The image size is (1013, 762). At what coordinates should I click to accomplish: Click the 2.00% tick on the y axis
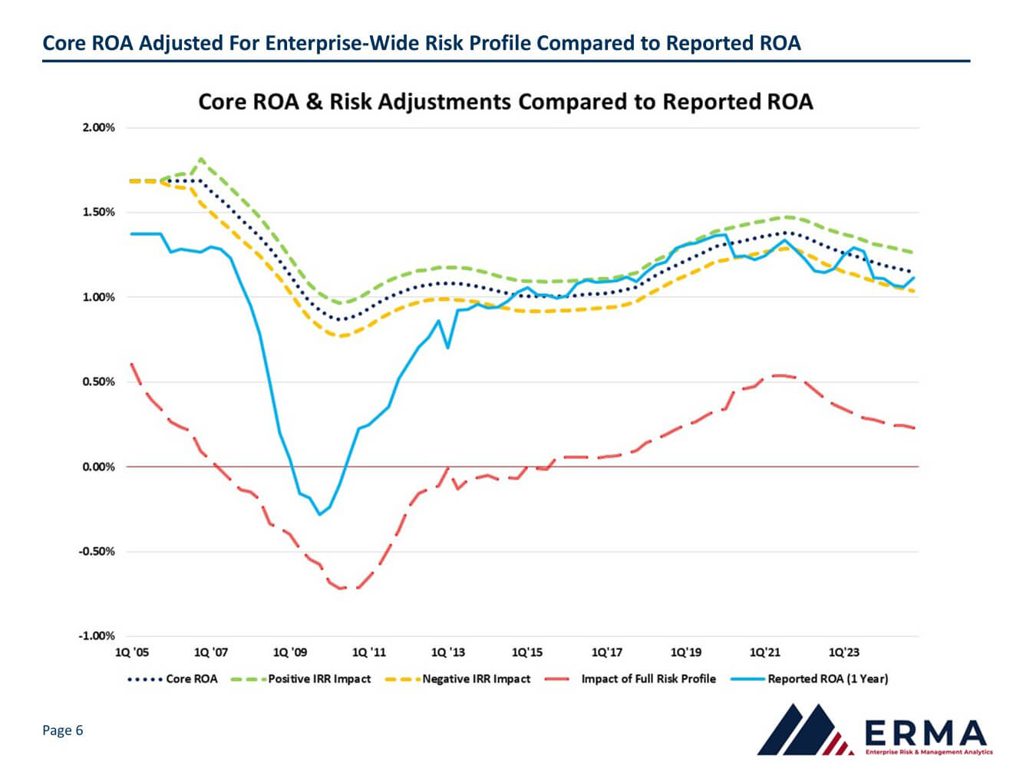(99, 127)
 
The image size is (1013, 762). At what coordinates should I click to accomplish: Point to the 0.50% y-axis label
(99, 381)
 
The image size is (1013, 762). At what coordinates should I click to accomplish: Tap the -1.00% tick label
(97, 635)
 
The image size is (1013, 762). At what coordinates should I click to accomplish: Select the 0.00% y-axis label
(99, 467)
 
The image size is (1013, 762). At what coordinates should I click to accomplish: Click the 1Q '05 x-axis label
(132, 652)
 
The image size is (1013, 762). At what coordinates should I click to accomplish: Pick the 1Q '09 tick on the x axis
(290, 652)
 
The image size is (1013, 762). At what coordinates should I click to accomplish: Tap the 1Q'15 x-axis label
(527, 652)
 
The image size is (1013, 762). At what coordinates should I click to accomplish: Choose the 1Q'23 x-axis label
(844, 652)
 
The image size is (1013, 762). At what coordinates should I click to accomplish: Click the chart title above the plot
(505, 102)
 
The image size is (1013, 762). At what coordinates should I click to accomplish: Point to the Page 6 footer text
(62, 731)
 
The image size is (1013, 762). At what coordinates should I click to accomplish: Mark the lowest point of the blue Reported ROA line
(320, 514)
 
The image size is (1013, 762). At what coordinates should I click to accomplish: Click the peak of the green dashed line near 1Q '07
(201, 160)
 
